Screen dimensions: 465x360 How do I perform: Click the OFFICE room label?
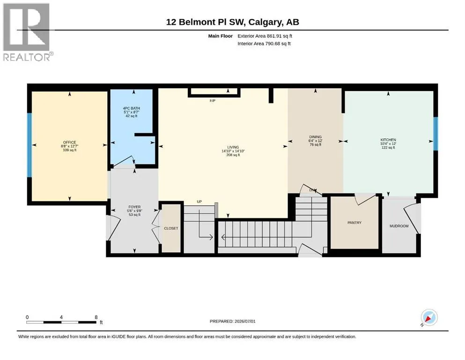click(x=70, y=142)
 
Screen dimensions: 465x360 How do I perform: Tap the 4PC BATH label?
click(x=132, y=108)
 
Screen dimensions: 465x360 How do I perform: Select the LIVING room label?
click(x=233, y=147)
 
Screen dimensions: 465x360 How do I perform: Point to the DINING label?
click(x=315, y=137)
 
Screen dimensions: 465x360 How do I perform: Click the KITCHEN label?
click(x=388, y=140)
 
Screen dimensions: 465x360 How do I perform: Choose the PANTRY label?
click(x=354, y=223)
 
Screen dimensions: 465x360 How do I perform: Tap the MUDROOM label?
click(x=399, y=226)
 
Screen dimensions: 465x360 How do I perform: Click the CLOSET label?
click(x=171, y=228)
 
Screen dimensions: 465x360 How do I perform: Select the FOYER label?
click(x=135, y=207)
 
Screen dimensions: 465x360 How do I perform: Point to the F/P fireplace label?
click(x=212, y=101)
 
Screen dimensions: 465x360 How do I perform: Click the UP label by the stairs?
click(x=199, y=202)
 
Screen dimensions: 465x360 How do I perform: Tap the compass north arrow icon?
click(x=429, y=318)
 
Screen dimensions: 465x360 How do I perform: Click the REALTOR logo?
click(x=27, y=32)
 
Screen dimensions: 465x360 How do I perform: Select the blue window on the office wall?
click(x=30, y=145)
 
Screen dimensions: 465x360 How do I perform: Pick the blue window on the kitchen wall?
click(x=435, y=134)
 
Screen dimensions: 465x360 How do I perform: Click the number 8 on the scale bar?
click(x=96, y=317)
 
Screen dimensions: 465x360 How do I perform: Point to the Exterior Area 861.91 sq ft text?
click(x=265, y=36)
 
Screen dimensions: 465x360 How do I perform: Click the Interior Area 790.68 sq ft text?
click(x=264, y=44)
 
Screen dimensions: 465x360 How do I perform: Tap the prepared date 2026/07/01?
click(x=245, y=321)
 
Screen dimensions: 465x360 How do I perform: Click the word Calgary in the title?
click(x=265, y=22)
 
